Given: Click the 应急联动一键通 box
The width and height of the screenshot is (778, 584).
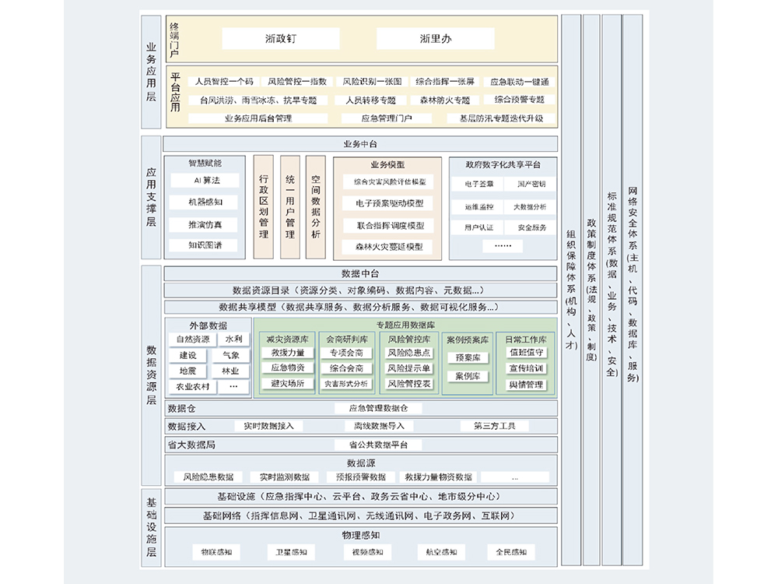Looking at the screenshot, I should pyautogui.click(x=519, y=81).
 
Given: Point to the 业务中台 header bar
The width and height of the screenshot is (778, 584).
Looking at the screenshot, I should pyautogui.click(x=360, y=144).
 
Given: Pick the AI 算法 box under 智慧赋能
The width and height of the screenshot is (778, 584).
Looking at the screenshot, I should pyautogui.click(x=205, y=180).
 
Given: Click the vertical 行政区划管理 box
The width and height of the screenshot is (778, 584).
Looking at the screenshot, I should pyautogui.click(x=263, y=206).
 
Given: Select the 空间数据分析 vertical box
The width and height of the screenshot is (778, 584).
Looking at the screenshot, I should pyautogui.click(x=315, y=206).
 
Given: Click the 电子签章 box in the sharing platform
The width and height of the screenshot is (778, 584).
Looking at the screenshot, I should pyautogui.click(x=478, y=185).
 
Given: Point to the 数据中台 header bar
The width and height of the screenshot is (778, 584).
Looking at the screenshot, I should pyautogui.click(x=360, y=273).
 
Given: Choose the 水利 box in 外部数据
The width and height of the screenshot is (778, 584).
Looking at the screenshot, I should pyautogui.click(x=233, y=339).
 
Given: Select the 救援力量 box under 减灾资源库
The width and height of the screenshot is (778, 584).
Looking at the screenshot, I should pyautogui.click(x=287, y=353).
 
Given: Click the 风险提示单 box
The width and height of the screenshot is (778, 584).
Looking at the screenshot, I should pyautogui.click(x=409, y=368).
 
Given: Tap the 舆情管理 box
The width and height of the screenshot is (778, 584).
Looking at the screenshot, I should pyautogui.click(x=526, y=384).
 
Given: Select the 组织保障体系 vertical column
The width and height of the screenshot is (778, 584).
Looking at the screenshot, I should pyautogui.click(x=571, y=296).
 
